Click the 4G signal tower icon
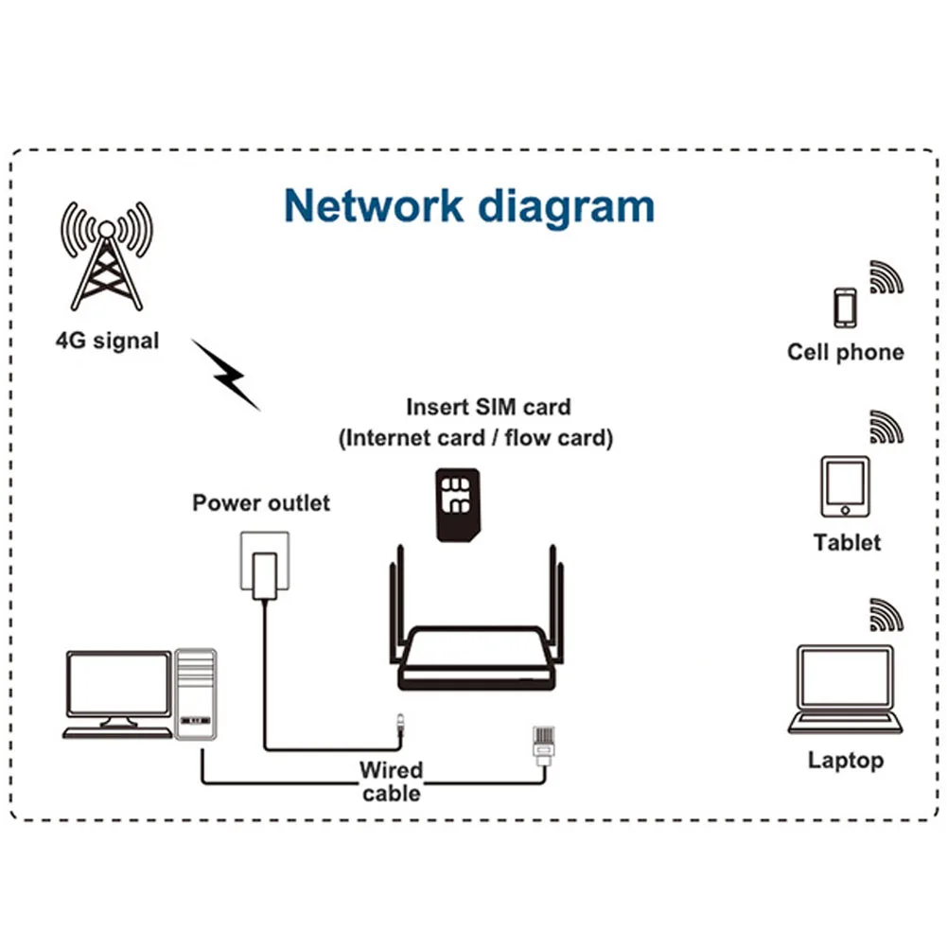pyautogui.click(x=107, y=256)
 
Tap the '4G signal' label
pyautogui.click(x=108, y=341)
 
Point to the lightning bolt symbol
pyautogui.click(x=226, y=375)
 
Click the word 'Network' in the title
pyautogui.click(x=374, y=206)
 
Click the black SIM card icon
pyautogui.click(x=458, y=505)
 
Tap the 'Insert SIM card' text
pyautogui.click(x=488, y=407)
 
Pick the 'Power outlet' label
pyautogui.click(x=261, y=502)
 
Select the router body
pyautogui.click(x=477, y=658)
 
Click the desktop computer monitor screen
pyautogui.click(x=118, y=684)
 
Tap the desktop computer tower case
pyautogui.click(x=195, y=694)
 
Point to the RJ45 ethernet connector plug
pyautogui.click(x=544, y=745)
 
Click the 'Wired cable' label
pyautogui.click(x=392, y=780)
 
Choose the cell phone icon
pyautogui.click(x=845, y=308)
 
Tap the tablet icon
pyautogui.click(x=845, y=487)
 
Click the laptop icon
pyautogui.click(x=845, y=689)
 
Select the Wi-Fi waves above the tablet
pyautogui.click(x=886, y=427)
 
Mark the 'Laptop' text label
pyautogui.click(x=846, y=761)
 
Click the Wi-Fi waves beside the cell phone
pyautogui.click(x=886, y=277)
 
